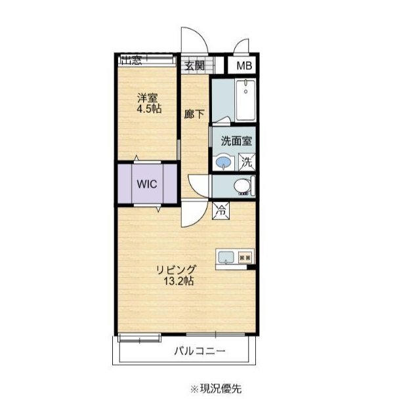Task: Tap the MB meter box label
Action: coord(244,66)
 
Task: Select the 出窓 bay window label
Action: coord(131,60)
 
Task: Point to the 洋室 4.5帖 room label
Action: coord(149,103)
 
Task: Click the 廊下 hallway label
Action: coord(194,114)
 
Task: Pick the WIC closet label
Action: coord(147,184)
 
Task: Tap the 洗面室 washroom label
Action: coord(236,141)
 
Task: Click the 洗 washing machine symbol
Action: coord(247,162)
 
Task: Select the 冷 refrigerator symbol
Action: coord(220,211)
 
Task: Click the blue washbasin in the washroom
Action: coord(223,162)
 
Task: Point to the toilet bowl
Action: coord(242,185)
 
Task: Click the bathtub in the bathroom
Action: coord(245,100)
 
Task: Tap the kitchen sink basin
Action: coord(226,258)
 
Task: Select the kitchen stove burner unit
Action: coord(245,258)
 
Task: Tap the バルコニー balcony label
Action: coord(199,350)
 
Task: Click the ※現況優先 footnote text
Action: coord(216,388)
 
